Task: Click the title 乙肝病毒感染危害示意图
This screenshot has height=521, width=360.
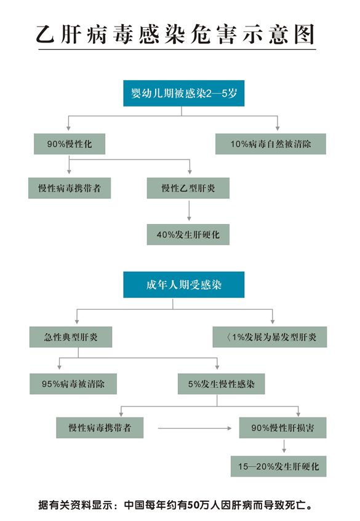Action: (x=175, y=34)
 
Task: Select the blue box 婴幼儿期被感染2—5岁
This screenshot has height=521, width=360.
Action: (x=183, y=93)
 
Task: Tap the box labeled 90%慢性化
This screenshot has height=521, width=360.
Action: (x=70, y=144)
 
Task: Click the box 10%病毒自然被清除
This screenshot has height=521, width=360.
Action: (x=271, y=144)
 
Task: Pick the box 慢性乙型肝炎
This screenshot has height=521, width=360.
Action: (x=188, y=188)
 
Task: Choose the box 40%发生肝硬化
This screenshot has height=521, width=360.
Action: (x=188, y=235)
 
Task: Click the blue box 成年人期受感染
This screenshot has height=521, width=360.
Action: (x=183, y=285)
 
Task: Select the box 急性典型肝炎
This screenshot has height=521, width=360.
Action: (x=71, y=337)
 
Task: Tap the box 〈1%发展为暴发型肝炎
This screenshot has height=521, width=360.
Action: (x=270, y=337)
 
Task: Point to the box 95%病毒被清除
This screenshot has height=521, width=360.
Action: (x=73, y=384)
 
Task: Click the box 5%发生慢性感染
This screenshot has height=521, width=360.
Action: (x=221, y=384)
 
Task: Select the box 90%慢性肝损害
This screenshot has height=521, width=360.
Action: (x=282, y=427)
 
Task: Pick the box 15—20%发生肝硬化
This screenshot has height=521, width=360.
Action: (x=279, y=466)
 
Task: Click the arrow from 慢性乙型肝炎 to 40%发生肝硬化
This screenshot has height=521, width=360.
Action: (x=189, y=211)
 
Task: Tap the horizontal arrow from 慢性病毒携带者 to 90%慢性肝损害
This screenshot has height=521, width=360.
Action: (x=194, y=428)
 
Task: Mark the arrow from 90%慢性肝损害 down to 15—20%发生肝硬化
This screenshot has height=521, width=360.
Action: (x=284, y=446)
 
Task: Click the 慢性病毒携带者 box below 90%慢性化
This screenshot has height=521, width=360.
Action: (x=70, y=188)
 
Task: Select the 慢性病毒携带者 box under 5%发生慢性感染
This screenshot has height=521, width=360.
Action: (x=100, y=427)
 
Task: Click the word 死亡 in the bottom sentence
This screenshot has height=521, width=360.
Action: (x=295, y=505)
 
